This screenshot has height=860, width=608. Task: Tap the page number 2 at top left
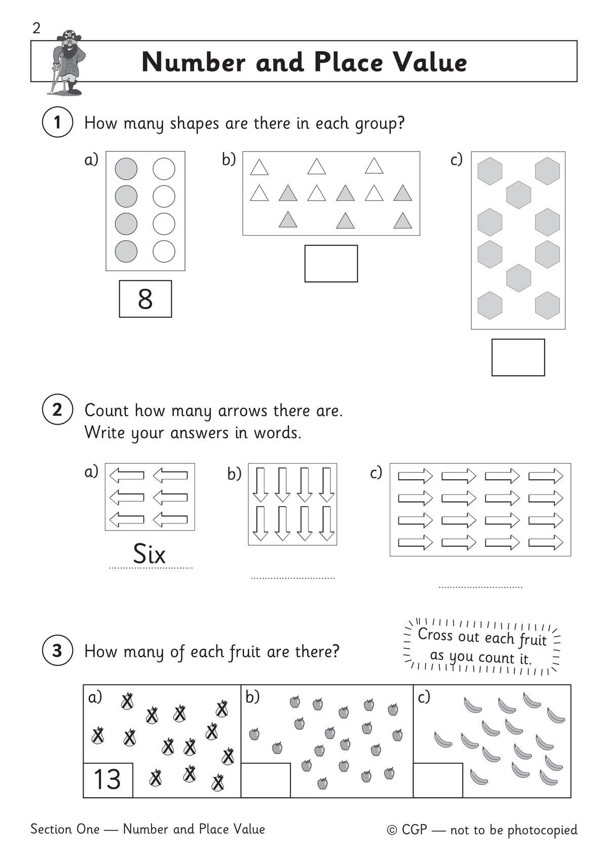pyautogui.click(x=36, y=28)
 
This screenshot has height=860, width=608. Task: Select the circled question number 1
pyautogui.click(x=57, y=123)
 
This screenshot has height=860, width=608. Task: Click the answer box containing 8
pyautogui.click(x=145, y=299)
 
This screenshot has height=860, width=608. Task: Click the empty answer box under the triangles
pyautogui.click(x=331, y=264)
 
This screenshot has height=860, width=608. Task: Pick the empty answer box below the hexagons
pyautogui.click(x=518, y=357)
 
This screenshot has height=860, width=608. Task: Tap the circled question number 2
pyautogui.click(x=57, y=409)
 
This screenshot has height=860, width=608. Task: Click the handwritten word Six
pyautogui.click(x=149, y=554)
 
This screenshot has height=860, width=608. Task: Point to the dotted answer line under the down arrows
pyautogui.click(x=293, y=577)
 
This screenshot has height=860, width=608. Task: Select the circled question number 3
pyautogui.click(x=57, y=650)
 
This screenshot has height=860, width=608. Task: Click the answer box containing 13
pyautogui.click(x=108, y=779)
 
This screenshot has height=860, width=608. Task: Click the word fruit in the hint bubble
pyautogui.click(x=532, y=640)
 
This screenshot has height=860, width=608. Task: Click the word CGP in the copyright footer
pyautogui.click(x=414, y=830)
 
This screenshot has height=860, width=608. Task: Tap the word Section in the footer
pyautogui.click(x=51, y=829)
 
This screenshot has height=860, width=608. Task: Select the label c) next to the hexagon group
pyautogui.click(x=456, y=160)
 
